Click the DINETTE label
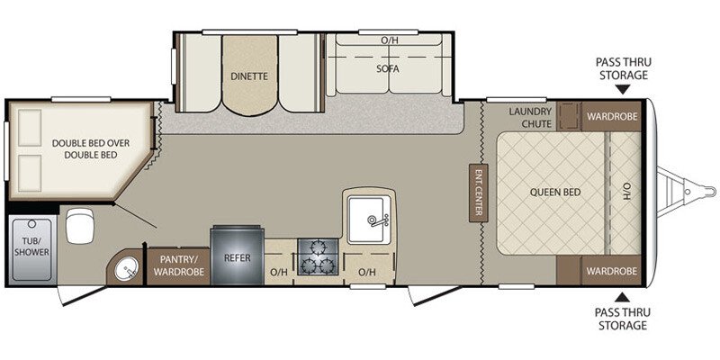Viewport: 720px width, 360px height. click(x=248, y=76)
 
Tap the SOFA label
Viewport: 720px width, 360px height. click(x=389, y=68)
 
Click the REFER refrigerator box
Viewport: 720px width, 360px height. click(x=237, y=257)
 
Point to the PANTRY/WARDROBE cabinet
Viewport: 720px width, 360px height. click(x=177, y=265)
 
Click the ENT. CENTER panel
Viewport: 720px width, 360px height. click(x=478, y=192)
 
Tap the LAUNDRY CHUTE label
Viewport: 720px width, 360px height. click(x=529, y=117)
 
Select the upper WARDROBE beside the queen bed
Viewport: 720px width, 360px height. click(x=612, y=116)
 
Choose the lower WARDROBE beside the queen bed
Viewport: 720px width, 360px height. click(x=612, y=270)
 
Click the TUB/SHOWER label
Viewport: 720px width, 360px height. click(x=31, y=246)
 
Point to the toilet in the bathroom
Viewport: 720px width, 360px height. click(x=78, y=225)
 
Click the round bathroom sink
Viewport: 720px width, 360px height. click(x=125, y=268)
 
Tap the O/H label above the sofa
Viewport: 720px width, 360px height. click(x=389, y=40)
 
